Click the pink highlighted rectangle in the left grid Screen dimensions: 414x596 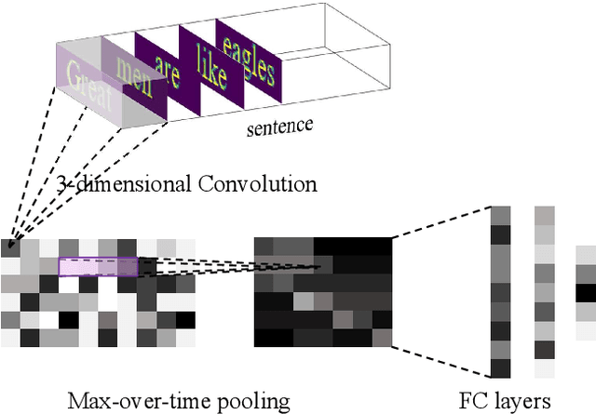click(98, 267)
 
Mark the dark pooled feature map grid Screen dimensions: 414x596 click(323, 291)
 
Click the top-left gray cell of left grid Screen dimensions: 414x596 click(10, 247)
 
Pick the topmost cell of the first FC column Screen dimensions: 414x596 click(500, 215)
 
